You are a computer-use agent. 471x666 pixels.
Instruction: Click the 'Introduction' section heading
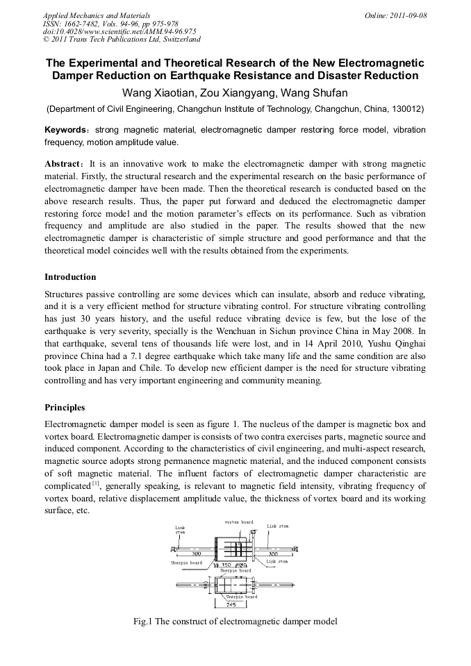pyautogui.click(x=70, y=276)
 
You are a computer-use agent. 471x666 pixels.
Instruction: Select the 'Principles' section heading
pyautogui.click(x=65, y=407)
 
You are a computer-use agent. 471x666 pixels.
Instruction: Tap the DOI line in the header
pyautogui.click(x=119, y=31)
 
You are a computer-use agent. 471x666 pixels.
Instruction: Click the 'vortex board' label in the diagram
pyautogui.click(x=238, y=522)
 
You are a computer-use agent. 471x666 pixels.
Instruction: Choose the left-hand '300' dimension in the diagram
pyautogui.click(x=187, y=554)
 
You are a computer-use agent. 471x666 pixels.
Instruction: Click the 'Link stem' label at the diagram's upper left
pyautogui.click(x=180, y=529)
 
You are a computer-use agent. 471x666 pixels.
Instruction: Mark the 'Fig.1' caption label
pyautogui.click(x=143, y=622)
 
